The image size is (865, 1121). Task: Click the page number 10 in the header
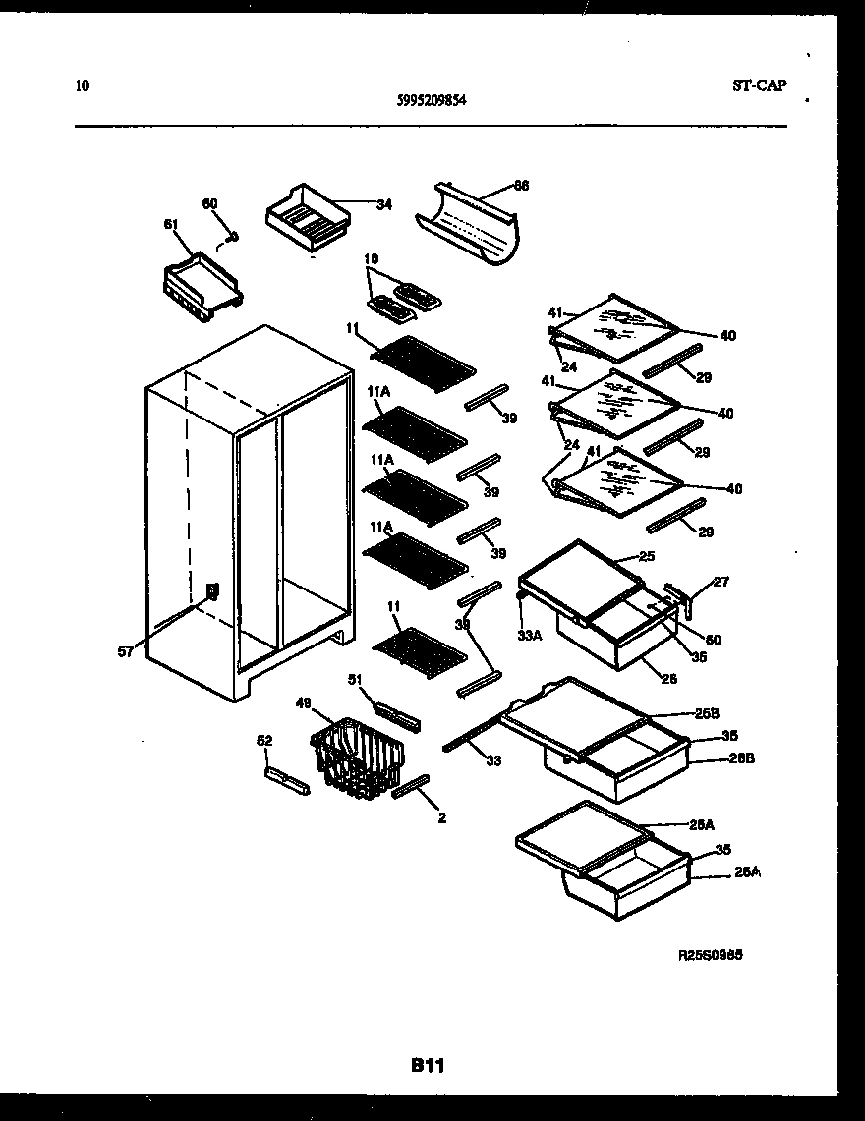tap(83, 85)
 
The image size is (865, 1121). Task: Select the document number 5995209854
tap(432, 98)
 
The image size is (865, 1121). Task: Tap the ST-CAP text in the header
tap(759, 85)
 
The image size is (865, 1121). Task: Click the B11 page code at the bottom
tap(430, 1064)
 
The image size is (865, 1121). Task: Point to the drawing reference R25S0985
tap(717, 954)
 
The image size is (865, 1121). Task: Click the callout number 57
tap(125, 651)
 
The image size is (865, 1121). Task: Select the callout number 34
tap(383, 204)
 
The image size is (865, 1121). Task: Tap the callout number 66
tap(521, 185)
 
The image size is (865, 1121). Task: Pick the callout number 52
tap(265, 741)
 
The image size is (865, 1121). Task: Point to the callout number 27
tap(721, 582)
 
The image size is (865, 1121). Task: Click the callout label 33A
tap(530, 635)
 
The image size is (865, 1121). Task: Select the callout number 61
tap(171, 223)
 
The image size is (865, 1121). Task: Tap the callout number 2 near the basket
tap(441, 817)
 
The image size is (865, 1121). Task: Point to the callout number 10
tap(370, 260)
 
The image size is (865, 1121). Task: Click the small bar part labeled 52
tap(286, 781)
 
